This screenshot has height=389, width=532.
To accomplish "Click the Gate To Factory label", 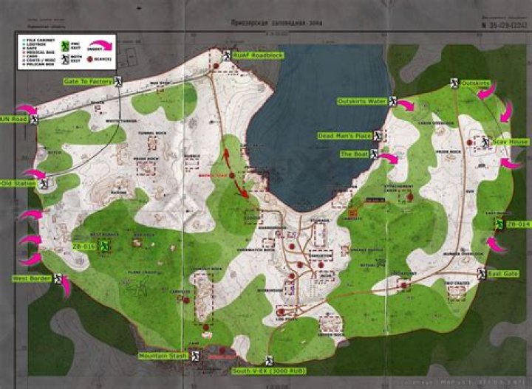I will click(x=86, y=81).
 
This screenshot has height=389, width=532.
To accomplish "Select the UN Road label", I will click(x=13, y=118).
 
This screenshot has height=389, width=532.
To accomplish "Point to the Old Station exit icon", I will click(x=44, y=185).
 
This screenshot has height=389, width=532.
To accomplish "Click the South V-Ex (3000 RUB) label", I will click(x=267, y=369).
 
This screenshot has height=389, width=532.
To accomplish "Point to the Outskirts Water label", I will click(x=361, y=100).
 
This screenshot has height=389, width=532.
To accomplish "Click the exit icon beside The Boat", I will click(x=374, y=154).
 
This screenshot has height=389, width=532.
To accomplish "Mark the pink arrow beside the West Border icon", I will click(x=65, y=286).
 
